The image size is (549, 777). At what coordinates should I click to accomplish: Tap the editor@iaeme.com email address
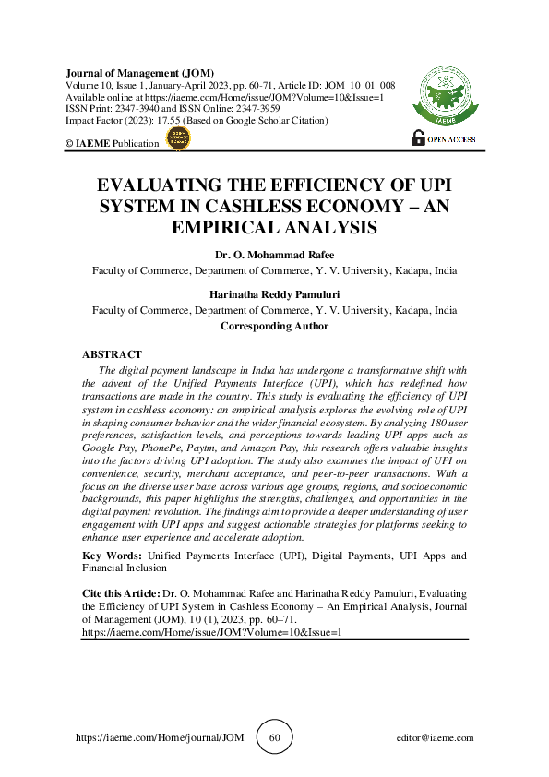(x=434, y=738)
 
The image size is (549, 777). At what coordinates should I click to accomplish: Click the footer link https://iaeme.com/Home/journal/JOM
(x=158, y=738)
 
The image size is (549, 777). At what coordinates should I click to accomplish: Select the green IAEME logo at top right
(x=444, y=98)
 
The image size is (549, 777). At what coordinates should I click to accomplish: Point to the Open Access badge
(x=444, y=138)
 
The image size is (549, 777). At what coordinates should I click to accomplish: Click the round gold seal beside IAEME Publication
(x=176, y=139)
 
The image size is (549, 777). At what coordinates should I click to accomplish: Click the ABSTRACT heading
(x=112, y=354)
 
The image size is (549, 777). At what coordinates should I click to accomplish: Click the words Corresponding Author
(x=274, y=326)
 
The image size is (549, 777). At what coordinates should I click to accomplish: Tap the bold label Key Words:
(x=112, y=556)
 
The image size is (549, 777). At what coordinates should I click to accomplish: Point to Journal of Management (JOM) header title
(x=139, y=72)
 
